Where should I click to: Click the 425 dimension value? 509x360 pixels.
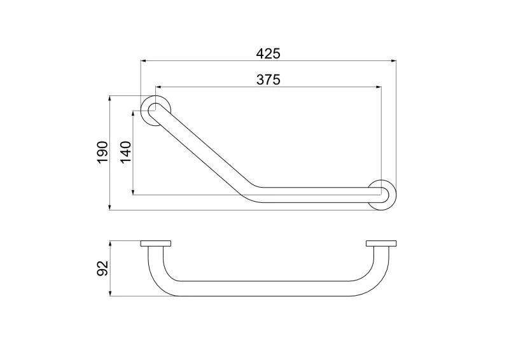pos(268,53)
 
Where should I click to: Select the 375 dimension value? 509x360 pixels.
pos(268,80)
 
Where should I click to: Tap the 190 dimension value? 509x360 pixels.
pos(102,152)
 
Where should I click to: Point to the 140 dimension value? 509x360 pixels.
pos(125,152)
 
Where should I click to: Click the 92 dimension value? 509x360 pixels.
pos(102,268)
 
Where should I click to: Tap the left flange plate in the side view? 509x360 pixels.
pos(156,244)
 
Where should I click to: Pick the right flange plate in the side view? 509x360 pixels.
pos(381,244)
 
